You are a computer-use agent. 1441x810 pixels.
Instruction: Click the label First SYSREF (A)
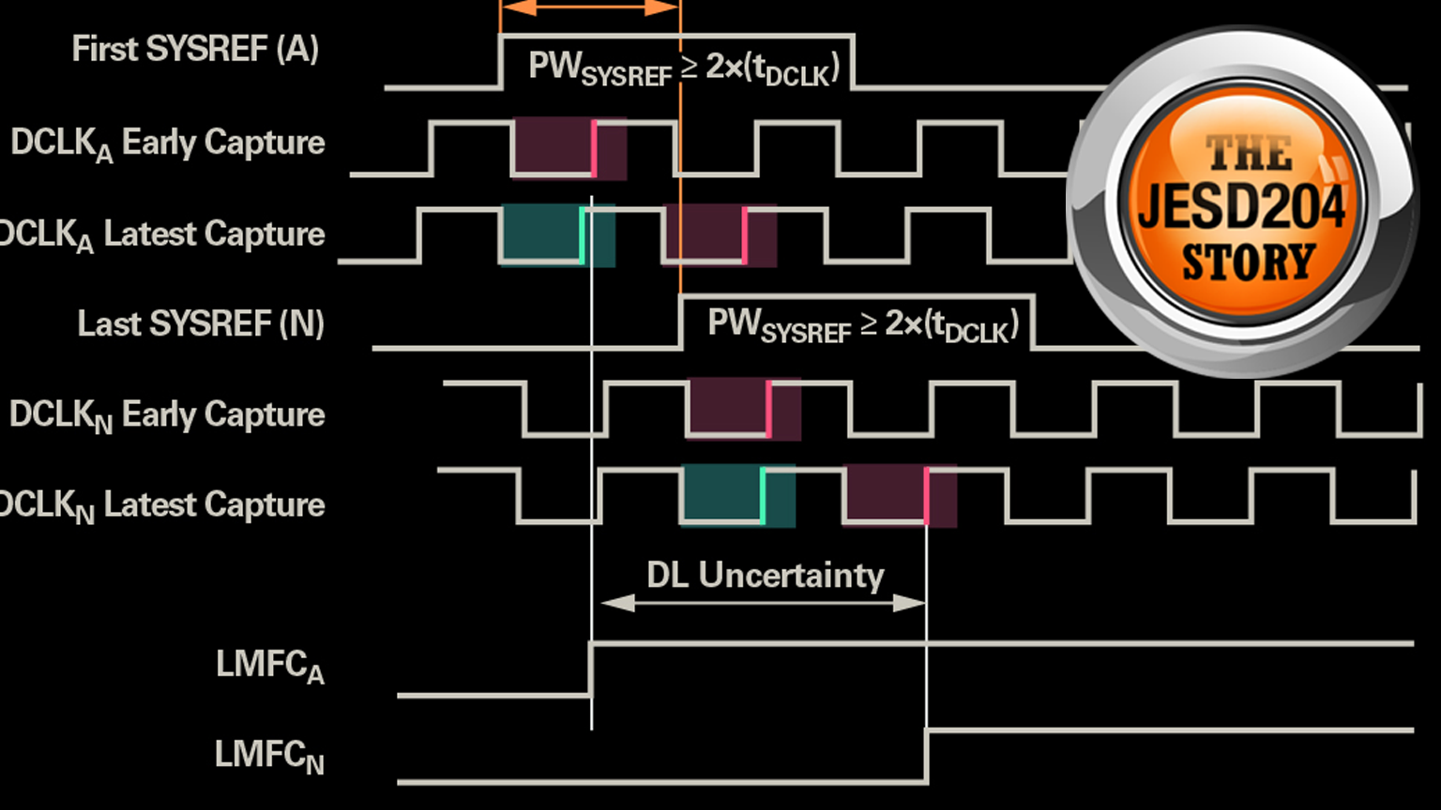coord(195,49)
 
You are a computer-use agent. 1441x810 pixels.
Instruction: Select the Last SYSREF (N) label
coord(201,324)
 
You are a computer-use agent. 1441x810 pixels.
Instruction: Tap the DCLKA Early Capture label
coord(168,143)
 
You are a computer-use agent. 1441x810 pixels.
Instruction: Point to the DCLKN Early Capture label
coord(167,415)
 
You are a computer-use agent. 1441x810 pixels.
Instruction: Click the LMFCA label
coord(270,666)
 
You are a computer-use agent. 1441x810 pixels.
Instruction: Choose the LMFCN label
coord(269,756)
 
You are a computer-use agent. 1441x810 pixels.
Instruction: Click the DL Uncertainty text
coord(765,575)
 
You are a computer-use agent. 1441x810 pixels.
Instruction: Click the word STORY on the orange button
coord(1248,262)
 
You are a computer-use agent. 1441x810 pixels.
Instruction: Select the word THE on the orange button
coord(1248,153)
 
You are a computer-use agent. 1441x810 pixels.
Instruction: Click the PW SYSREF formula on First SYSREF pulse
coord(683,68)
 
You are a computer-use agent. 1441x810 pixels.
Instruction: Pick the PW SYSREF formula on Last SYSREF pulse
coord(862,325)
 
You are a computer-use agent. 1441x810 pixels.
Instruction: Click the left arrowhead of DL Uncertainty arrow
coord(615,603)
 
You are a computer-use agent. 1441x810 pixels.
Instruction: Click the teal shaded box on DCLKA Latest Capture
coord(557,234)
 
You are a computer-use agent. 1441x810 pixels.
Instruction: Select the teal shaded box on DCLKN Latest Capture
coord(737,495)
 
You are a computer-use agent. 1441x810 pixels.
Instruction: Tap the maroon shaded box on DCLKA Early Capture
coord(569,147)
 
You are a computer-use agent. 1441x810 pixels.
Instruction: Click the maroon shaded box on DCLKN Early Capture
coord(744,408)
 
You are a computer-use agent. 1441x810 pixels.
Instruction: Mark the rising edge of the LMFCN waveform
coord(927,756)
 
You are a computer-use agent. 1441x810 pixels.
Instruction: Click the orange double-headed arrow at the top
coord(589,7)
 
